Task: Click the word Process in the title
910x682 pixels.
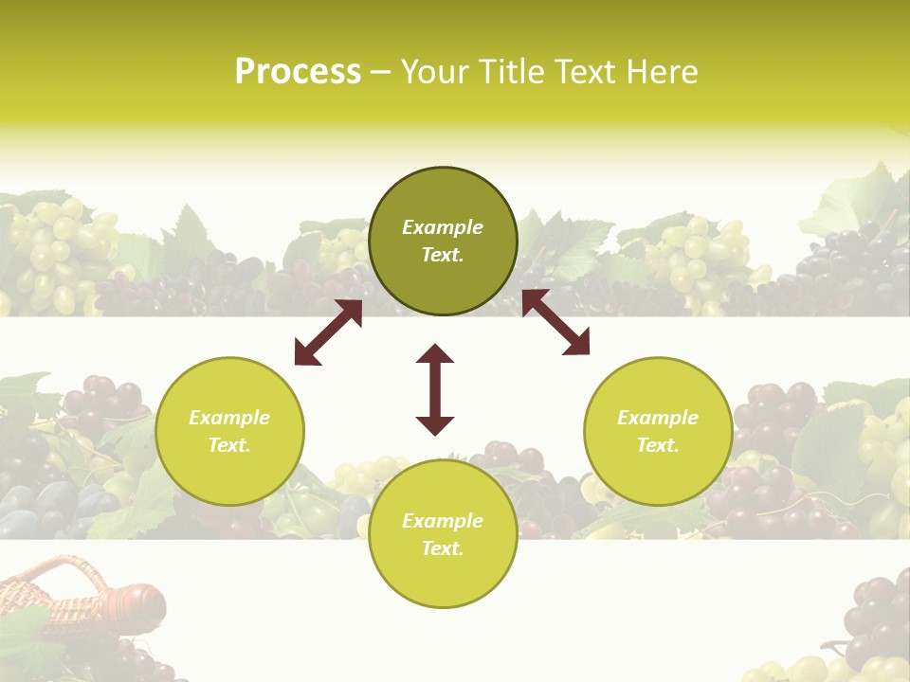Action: tap(298, 71)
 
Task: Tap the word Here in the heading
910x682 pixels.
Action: tap(661, 71)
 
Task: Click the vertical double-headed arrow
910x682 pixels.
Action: tap(435, 389)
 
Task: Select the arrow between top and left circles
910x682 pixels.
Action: tap(328, 332)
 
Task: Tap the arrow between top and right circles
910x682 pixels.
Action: tap(555, 323)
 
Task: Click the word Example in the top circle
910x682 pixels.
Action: tap(443, 227)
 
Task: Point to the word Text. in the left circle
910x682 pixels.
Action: tap(229, 445)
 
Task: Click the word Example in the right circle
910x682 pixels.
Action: tap(658, 418)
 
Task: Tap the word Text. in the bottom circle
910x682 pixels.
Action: tap(443, 548)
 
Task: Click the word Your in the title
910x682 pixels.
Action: tap(435, 71)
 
